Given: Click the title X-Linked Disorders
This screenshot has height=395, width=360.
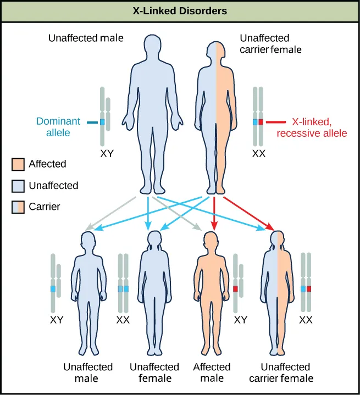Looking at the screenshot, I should (x=180, y=10).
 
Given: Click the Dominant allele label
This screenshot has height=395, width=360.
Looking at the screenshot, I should (x=58, y=127).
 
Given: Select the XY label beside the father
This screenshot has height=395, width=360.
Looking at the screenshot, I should (x=107, y=155).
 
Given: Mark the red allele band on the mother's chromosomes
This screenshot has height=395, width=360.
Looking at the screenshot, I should (x=261, y=122).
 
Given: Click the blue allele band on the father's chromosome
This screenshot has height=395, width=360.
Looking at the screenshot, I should (x=102, y=122).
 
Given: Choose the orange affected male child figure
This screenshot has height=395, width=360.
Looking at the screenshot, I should (x=212, y=291).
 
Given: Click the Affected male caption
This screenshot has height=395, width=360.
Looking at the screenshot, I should (x=212, y=372).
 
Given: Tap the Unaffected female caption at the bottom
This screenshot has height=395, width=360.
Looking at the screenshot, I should (x=154, y=372).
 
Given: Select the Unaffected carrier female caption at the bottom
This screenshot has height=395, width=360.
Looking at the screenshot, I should (x=286, y=372).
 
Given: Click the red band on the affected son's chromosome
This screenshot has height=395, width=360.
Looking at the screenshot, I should (x=235, y=288).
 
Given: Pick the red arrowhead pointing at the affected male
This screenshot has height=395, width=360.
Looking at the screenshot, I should (x=214, y=224).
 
